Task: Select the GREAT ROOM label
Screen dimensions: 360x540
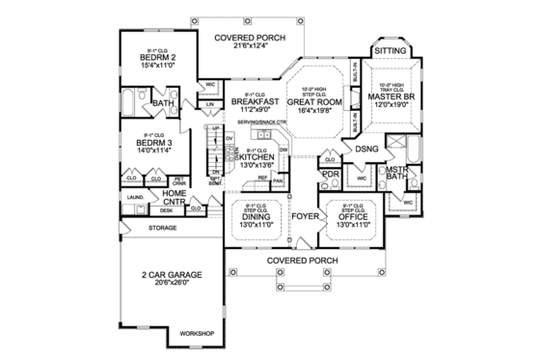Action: pos(317,99)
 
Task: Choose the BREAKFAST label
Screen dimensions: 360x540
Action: pos(255,100)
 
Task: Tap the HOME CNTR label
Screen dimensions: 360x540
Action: pos(174,198)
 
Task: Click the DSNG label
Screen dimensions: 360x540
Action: pos(365,150)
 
